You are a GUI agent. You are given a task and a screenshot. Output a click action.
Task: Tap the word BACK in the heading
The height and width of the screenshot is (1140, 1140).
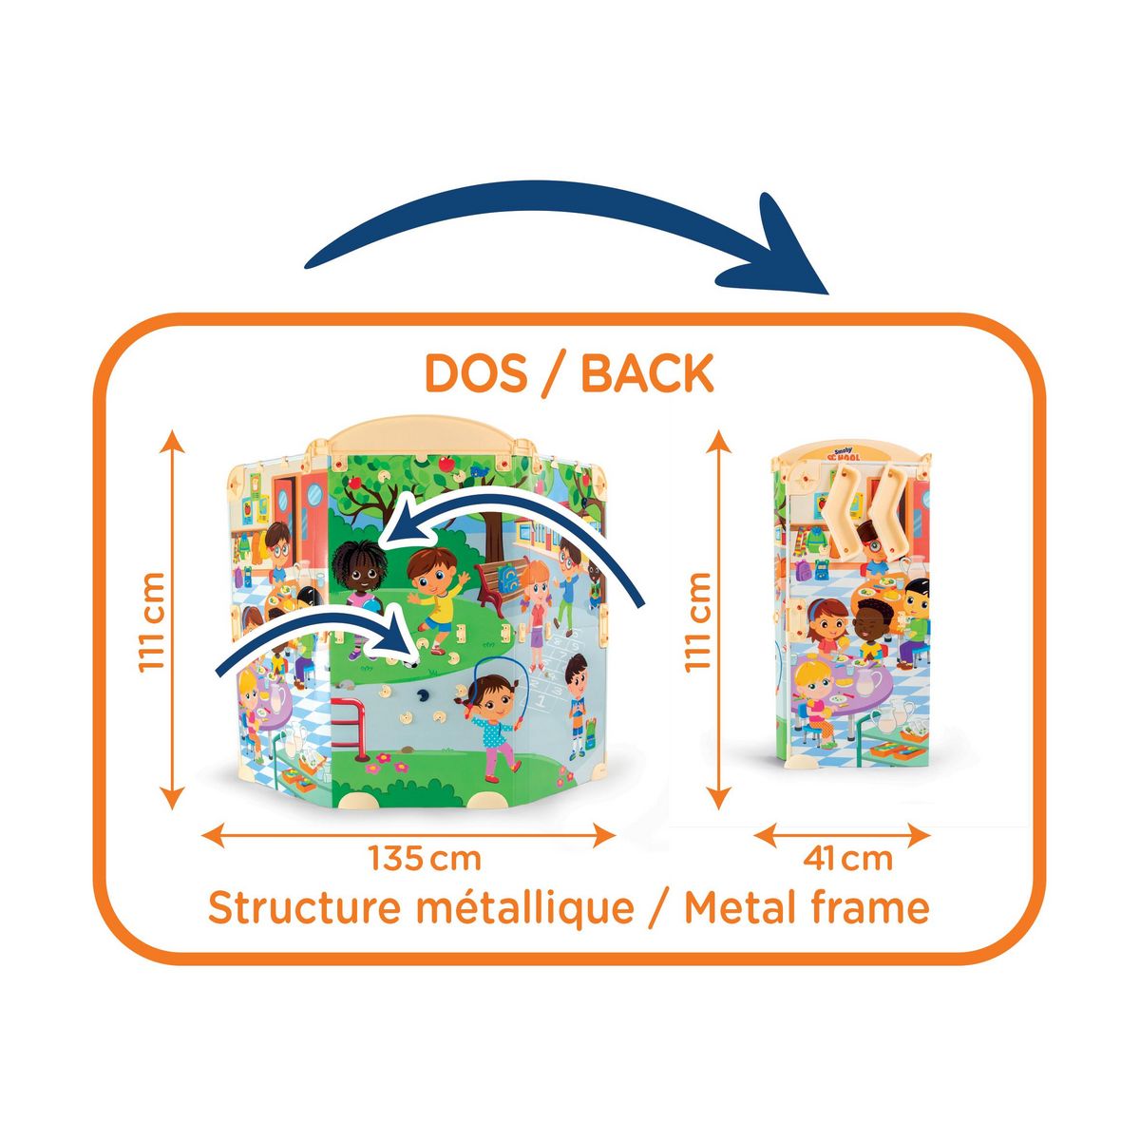[647, 373]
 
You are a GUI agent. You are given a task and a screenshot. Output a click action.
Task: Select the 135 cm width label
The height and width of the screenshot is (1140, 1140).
[425, 859]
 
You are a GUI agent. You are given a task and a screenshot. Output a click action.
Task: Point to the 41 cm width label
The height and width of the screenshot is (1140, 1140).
[847, 859]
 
